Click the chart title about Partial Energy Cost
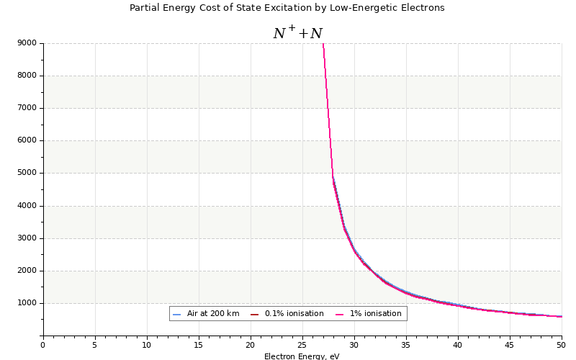click(287, 8)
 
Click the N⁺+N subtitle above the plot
click(297, 33)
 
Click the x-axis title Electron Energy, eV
click(302, 356)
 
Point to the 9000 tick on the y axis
click(27, 43)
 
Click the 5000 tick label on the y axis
click(27, 174)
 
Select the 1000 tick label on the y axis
click(27, 303)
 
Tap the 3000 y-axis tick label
click(27, 238)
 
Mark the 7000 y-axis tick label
click(27, 108)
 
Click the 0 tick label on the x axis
click(43, 345)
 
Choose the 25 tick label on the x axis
click(302, 345)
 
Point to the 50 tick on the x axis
click(562, 345)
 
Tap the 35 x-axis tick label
click(406, 345)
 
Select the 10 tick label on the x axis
click(147, 345)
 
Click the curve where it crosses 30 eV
click(354, 251)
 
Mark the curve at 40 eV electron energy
click(458, 305)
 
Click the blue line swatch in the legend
click(177, 314)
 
